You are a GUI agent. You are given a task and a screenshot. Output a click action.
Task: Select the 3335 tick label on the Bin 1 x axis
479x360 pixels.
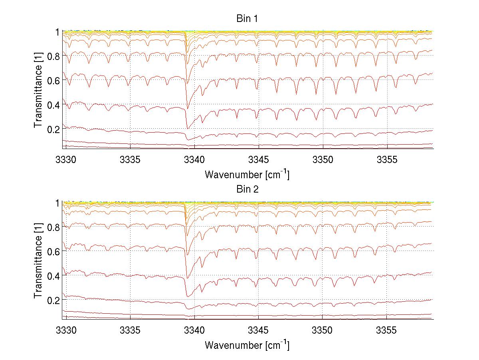(x=130, y=160)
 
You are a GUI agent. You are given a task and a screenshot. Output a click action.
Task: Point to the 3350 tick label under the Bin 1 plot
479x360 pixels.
(x=323, y=160)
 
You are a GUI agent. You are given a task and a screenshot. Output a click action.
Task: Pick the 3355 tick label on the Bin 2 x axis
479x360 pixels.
(x=386, y=331)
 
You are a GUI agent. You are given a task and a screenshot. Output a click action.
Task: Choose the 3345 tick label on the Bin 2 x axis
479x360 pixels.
(x=258, y=331)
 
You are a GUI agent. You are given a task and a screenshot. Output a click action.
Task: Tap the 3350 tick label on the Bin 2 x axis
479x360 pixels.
(x=323, y=331)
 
